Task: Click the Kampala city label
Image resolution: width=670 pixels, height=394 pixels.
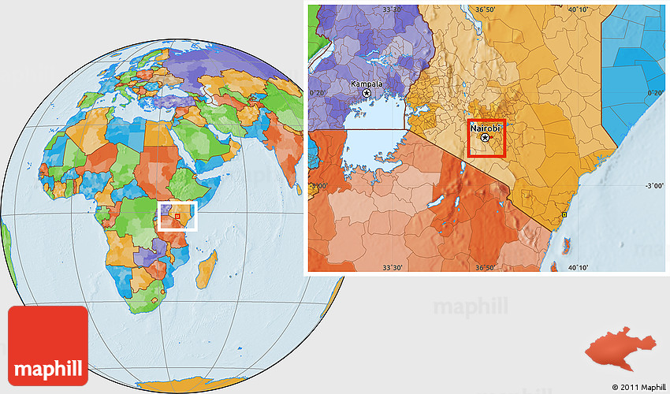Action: (x=367, y=84)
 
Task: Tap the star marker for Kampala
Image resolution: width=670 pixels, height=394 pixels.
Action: (x=367, y=93)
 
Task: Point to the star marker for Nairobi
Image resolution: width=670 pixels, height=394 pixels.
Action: (x=485, y=138)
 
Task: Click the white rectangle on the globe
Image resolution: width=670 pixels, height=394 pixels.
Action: (x=177, y=216)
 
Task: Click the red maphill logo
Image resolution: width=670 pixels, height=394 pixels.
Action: (x=48, y=344)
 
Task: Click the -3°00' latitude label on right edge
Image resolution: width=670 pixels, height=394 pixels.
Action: (x=654, y=186)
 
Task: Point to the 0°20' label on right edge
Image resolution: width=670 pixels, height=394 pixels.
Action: (x=654, y=93)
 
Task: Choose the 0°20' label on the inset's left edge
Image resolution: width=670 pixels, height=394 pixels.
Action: (x=318, y=93)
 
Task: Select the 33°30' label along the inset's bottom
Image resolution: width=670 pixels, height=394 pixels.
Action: (x=393, y=267)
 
